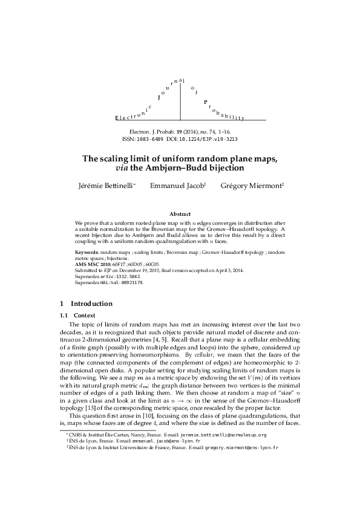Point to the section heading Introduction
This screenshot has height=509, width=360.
click(91, 303)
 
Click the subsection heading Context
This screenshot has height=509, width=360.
click(85, 316)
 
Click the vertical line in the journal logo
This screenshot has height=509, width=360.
click(180, 102)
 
